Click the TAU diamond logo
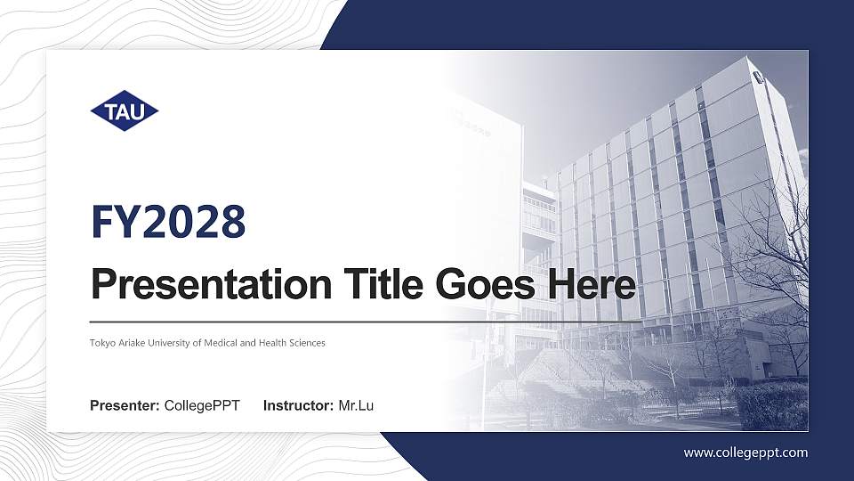124,111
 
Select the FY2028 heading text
168,222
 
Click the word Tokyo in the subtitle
101,343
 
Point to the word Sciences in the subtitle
306,343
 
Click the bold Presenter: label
125,406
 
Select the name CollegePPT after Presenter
202,406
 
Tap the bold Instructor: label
299,406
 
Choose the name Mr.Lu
356,406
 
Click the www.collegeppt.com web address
745,452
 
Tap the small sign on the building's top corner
758,77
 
